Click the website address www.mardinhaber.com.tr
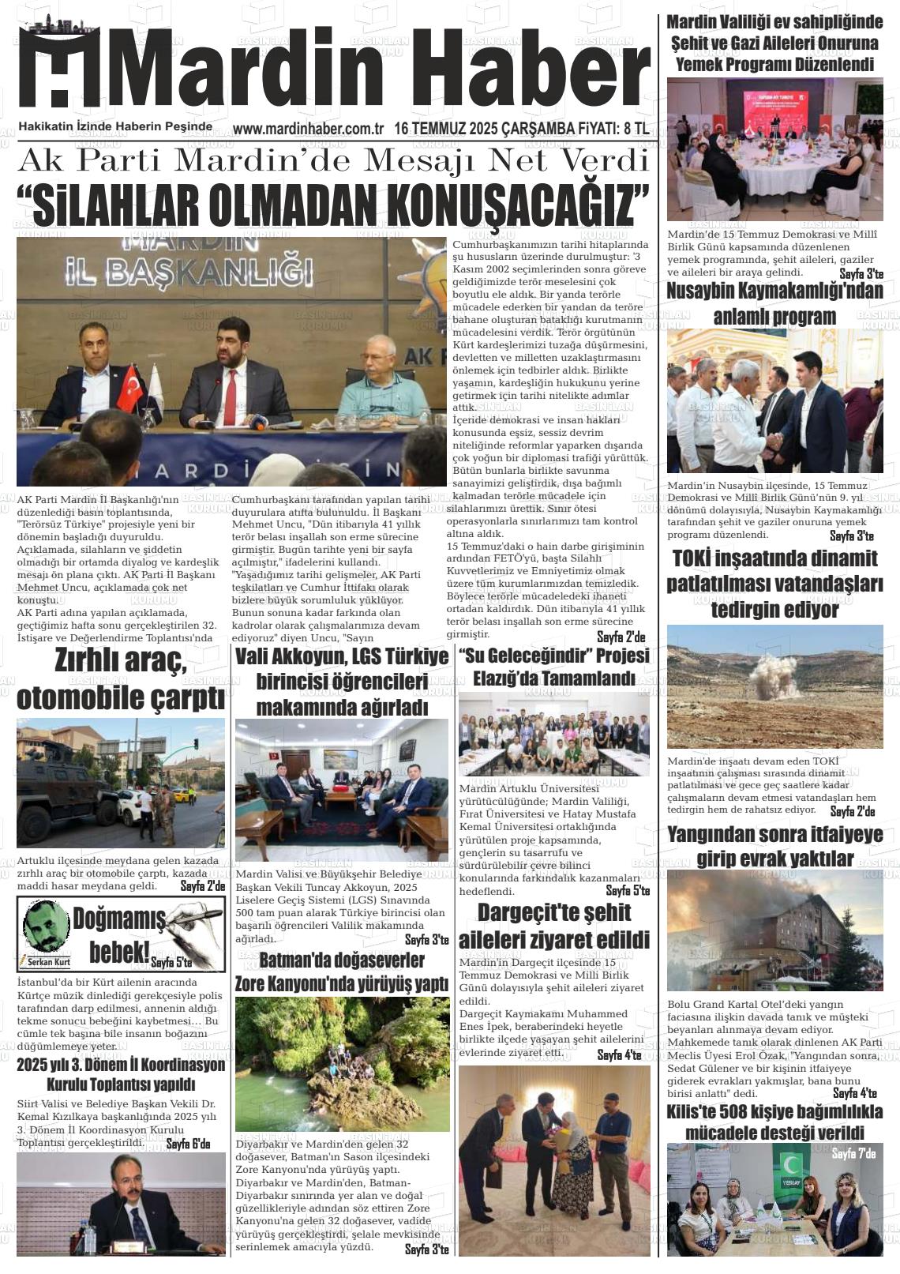click(308, 128)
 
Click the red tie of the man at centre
click(229, 398)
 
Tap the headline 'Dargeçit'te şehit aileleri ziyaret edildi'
click(554, 926)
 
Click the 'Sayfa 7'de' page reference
click(853, 1154)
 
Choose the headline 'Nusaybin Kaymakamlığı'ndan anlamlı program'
click(774, 303)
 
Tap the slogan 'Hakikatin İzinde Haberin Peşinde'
click(115, 126)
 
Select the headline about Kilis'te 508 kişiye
click(774, 1122)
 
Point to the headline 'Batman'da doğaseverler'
click(342, 960)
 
